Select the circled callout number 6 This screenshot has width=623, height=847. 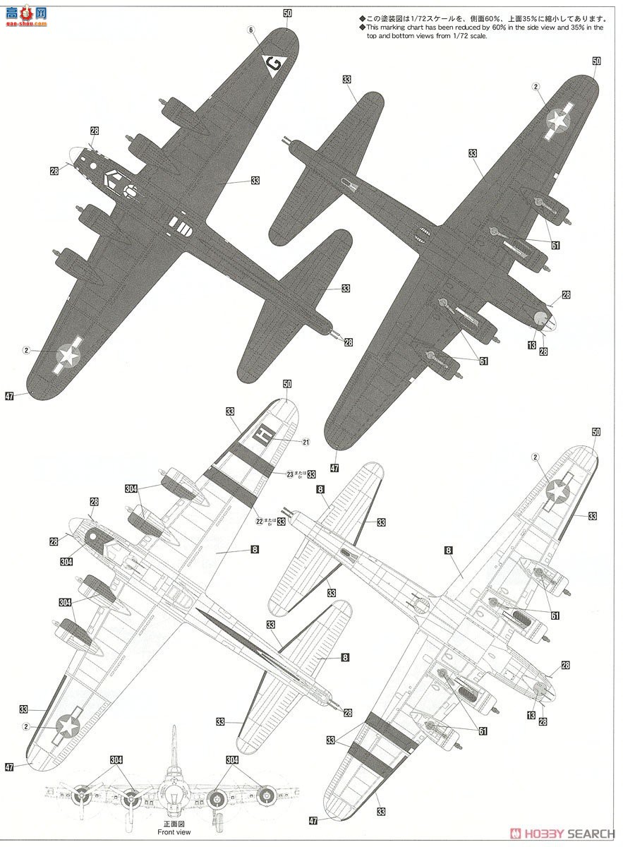coord(250,30)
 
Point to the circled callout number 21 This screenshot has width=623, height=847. coord(306,443)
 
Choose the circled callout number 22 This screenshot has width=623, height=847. coord(259,522)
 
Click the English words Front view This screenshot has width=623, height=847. coord(174,832)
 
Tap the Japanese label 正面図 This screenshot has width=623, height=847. coord(174,824)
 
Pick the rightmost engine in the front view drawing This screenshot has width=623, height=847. coord(265,796)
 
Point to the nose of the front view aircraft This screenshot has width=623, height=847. coord(174,785)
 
